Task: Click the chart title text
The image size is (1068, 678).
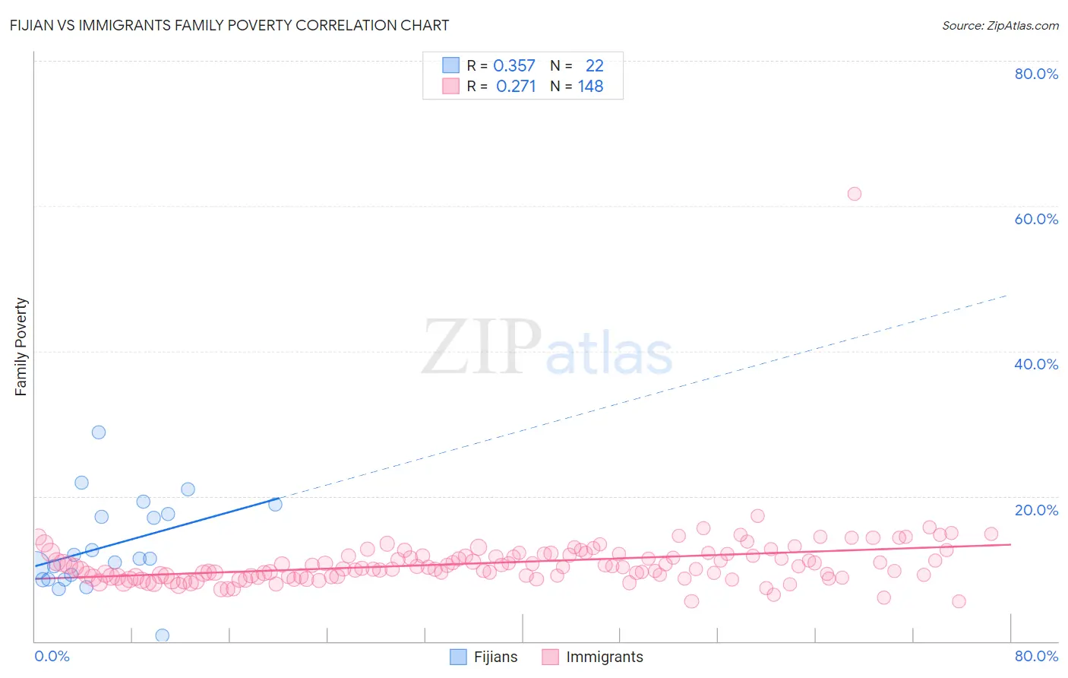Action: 229,25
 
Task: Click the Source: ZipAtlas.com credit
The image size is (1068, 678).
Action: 1000,25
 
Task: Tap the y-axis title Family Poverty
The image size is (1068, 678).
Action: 21,347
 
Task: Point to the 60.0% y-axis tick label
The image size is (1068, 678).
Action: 1036,219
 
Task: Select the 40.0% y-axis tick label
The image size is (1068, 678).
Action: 1036,364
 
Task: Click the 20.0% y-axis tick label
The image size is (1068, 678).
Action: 1036,510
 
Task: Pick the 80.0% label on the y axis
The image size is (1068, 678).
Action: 1036,74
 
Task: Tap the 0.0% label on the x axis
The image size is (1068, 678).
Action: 52,656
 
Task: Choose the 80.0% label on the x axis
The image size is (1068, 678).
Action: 1036,656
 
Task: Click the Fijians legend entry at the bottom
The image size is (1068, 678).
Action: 484,657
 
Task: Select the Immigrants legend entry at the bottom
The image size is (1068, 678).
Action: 592,657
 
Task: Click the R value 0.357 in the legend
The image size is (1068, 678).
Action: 514,66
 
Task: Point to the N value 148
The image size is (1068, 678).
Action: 590,87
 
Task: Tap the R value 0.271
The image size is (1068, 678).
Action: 516,87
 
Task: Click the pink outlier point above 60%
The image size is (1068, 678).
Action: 854,194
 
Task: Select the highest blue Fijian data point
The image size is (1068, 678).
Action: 99,432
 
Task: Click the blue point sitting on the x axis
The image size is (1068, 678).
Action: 162,635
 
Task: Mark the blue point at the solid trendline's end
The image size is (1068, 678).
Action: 275,504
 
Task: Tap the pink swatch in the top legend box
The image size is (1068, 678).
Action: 451,87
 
